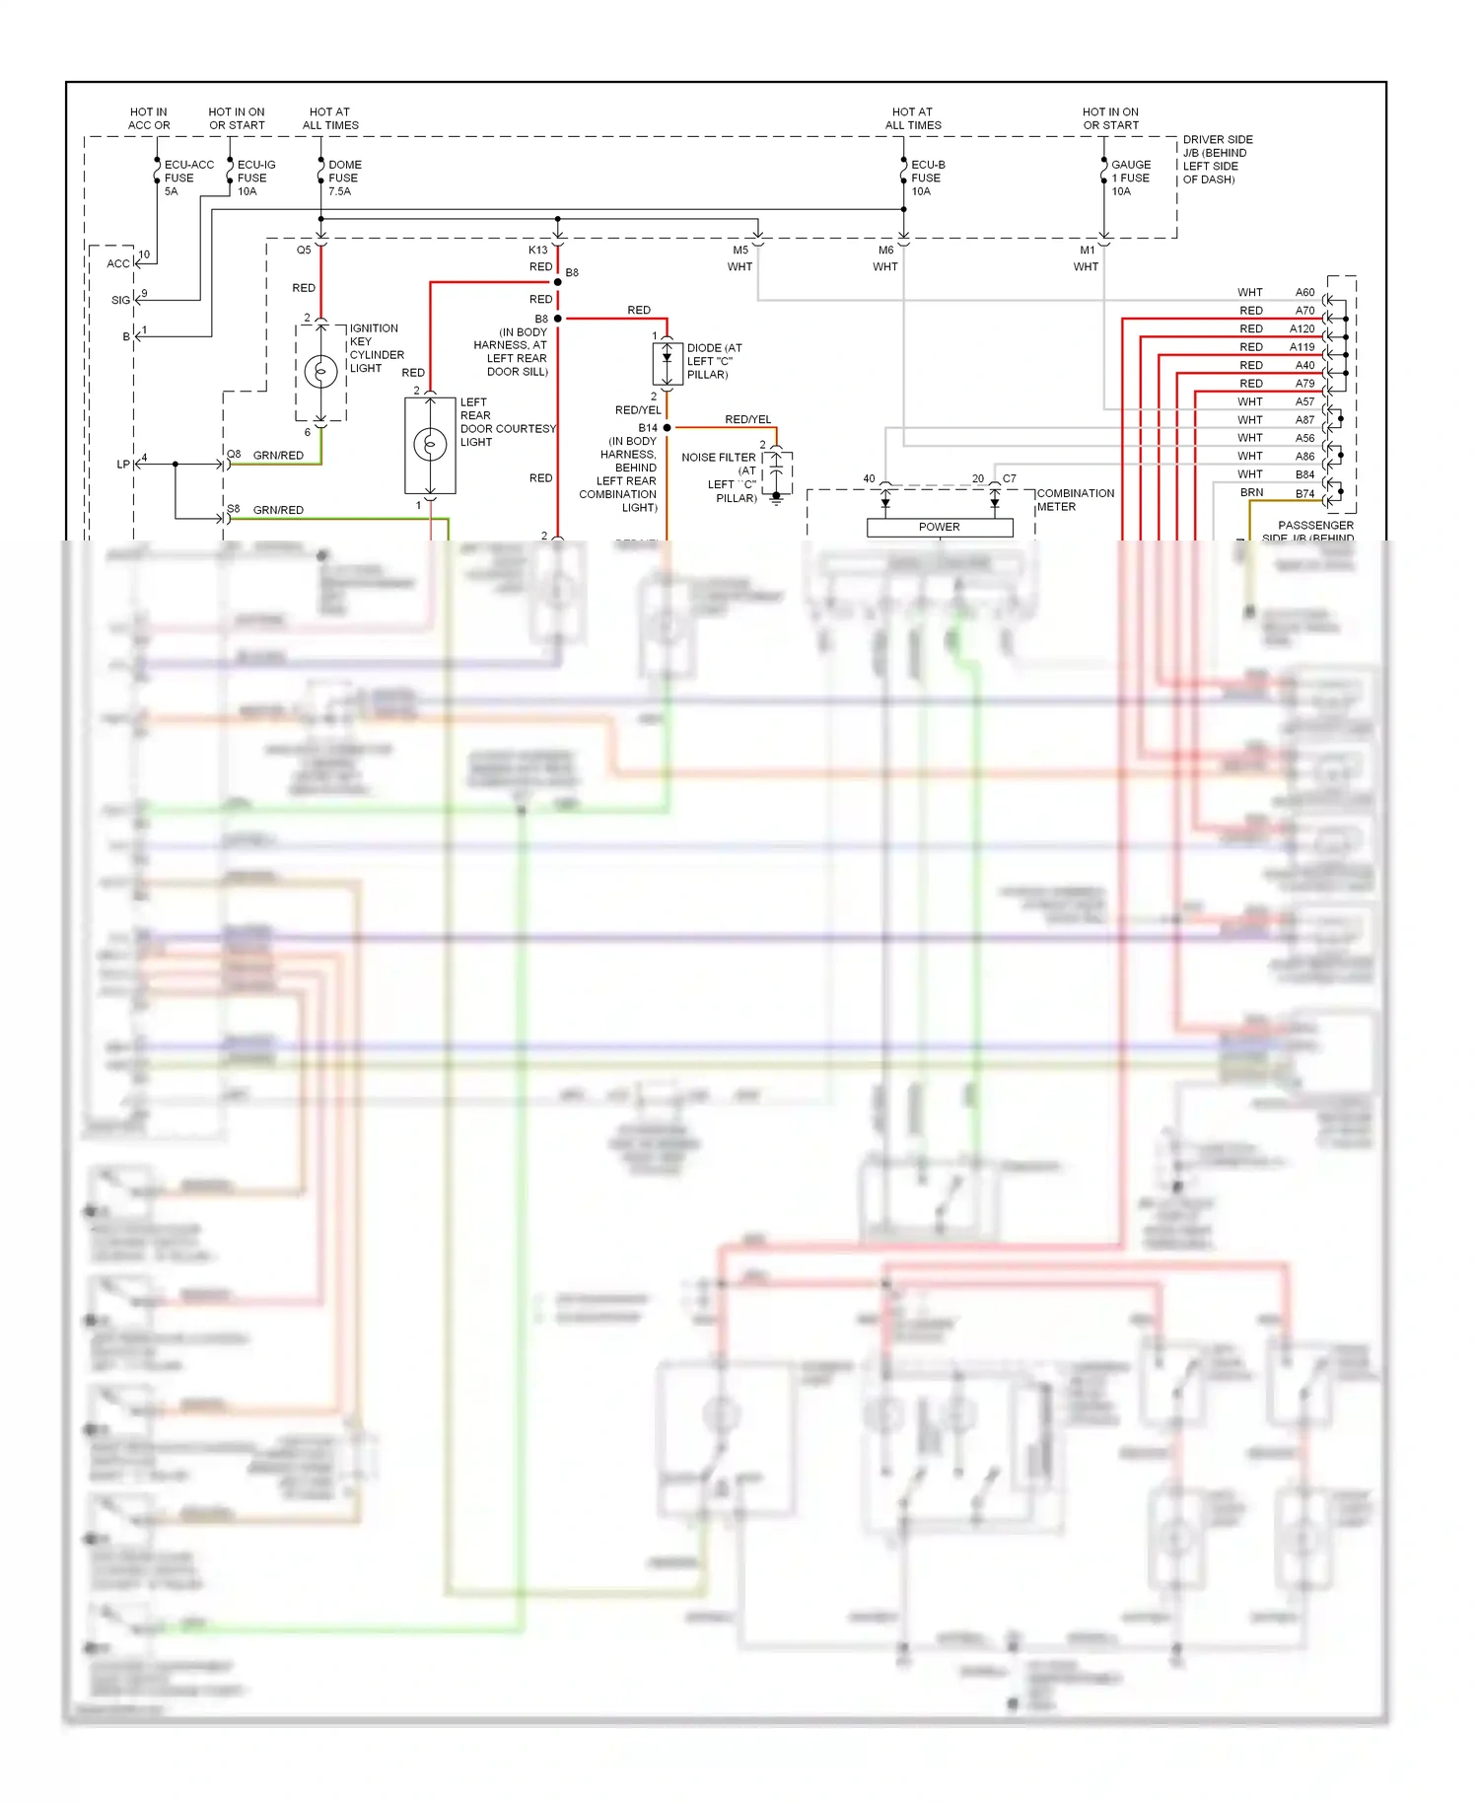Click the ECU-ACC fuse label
[187, 178]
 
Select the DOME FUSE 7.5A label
[344, 178]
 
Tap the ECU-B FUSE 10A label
[927, 178]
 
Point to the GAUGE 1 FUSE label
[1130, 178]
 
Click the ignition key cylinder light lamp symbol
[321, 372]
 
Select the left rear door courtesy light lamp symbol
[430, 445]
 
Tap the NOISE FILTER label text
[718, 458]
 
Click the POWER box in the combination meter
[939, 527]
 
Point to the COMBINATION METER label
[1075, 500]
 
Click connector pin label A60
[1304, 292]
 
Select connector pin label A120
[1302, 328]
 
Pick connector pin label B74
[1304, 493]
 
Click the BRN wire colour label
[1251, 492]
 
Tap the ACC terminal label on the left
[117, 263]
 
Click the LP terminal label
[123, 465]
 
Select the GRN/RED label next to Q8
[278, 456]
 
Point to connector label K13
[537, 251]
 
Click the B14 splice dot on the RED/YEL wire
[668, 427]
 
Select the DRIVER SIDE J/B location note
[1217, 160]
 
